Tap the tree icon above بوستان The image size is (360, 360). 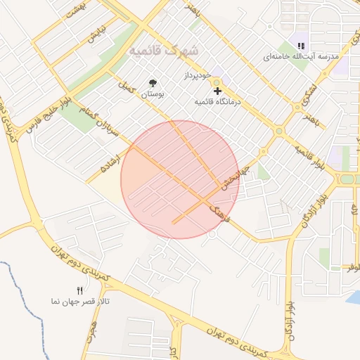click(x=153, y=83)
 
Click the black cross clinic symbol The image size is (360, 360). click(x=217, y=91)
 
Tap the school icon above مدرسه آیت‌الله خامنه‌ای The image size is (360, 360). click(x=301, y=46)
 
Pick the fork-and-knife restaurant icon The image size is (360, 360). click(x=79, y=290)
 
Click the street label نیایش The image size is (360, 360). click(x=96, y=35)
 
